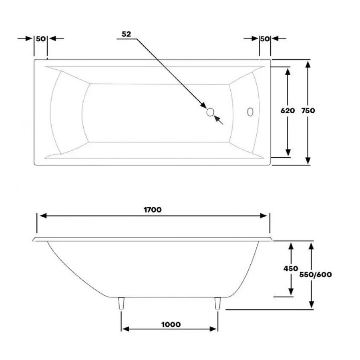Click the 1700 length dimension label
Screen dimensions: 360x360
[153, 210]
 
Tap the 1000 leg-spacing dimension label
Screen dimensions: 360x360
[171, 324]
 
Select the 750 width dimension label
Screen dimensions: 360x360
[308, 111]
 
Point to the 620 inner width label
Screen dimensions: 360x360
[288, 111]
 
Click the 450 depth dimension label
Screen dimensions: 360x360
[291, 268]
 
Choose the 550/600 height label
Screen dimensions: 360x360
[316, 274]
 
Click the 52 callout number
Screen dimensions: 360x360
[126, 34]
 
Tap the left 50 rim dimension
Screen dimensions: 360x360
[41, 39]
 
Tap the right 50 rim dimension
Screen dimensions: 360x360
[265, 39]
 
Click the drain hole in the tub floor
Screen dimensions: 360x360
[210, 112]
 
